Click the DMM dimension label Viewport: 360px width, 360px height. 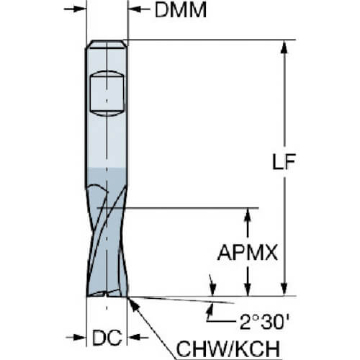click(181, 10)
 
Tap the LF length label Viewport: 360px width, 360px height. click(284, 161)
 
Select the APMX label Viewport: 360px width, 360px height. click(248, 253)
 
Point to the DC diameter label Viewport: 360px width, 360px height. click(107, 338)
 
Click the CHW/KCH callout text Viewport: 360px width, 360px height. click(228, 348)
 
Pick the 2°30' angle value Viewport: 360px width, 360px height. click(264, 322)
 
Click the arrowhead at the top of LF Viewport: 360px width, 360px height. click(284, 47)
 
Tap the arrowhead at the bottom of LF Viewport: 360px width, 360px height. click(284, 289)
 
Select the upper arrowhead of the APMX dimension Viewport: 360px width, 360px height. click(248, 215)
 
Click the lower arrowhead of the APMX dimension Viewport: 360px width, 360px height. click(248, 289)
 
